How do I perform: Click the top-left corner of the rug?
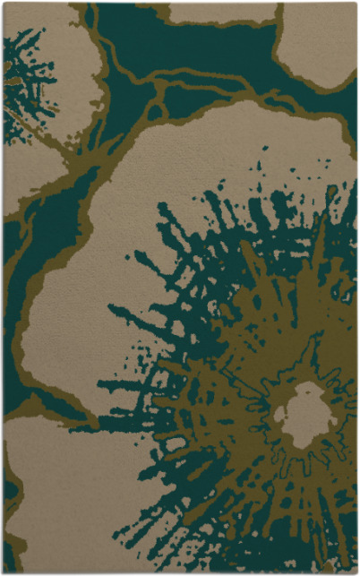[x=4, y=4]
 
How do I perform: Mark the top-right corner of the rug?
[x=356, y=4]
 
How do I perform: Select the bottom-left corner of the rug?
[x=4, y=572]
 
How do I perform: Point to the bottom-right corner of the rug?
[x=356, y=572]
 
